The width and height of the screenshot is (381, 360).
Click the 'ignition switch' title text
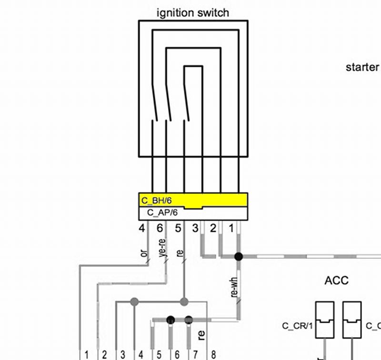(x=193, y=13)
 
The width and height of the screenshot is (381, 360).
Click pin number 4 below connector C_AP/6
(x=141, y=228)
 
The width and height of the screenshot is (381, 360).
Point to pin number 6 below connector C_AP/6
(x=160, y=228)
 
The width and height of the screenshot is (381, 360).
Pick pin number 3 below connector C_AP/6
(x=195, y=228)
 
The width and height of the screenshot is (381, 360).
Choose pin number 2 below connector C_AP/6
(x=213, y=228)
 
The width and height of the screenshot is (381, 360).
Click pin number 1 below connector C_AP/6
(x=232, y=228)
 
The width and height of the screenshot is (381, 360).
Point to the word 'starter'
(x=362, y=67)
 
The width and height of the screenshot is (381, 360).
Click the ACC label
(x=336, y=280)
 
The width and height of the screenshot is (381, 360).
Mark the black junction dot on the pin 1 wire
(x=239, y=257)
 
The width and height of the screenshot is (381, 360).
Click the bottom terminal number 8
(x=213, y=354)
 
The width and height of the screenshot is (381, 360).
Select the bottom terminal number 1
(x=86, y=354)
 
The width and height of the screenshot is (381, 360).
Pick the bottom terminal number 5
(x=159, y=354)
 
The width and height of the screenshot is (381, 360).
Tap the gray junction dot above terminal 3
(x=134, y=301)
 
